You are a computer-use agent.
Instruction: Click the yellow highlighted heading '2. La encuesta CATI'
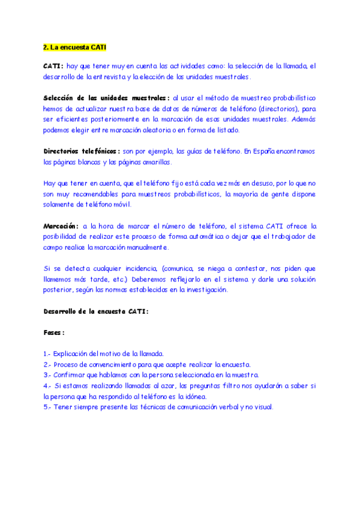[x=75, y=47]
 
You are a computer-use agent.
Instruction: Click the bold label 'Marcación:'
[x=61, y=226]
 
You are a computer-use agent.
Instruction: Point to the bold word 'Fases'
[x=53, y=332]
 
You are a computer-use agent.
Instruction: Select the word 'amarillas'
[x=156, y=162]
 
